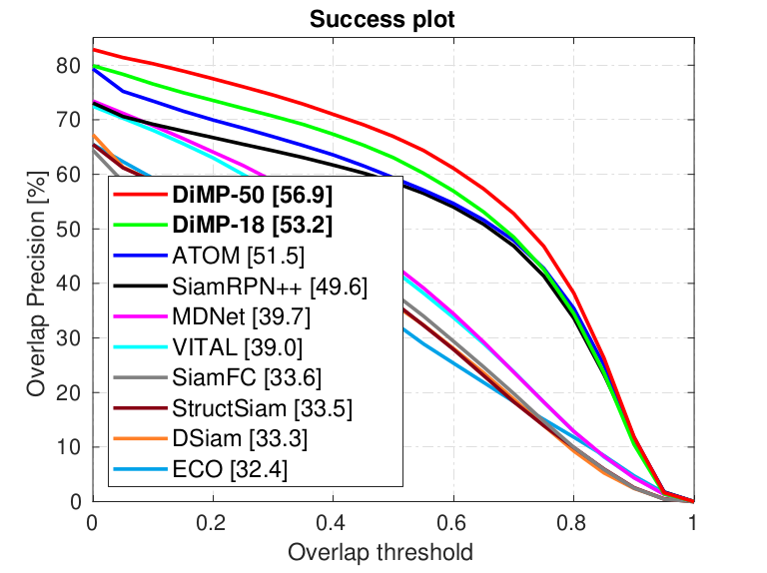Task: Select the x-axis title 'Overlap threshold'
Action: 381,551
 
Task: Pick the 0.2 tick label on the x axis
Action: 212,522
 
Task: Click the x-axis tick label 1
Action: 692,522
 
